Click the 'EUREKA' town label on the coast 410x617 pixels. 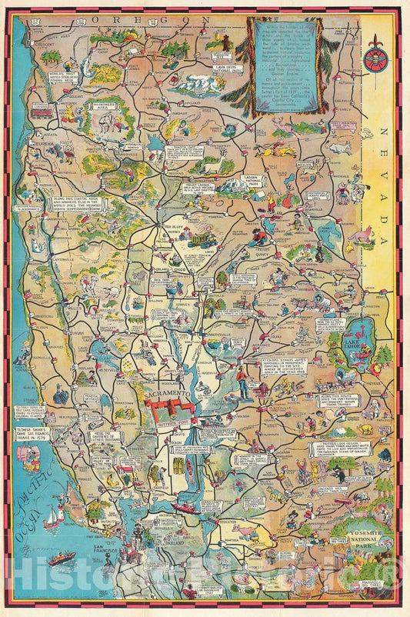(x=41, y=142)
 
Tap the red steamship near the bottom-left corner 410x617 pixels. (x=62, y=559)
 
